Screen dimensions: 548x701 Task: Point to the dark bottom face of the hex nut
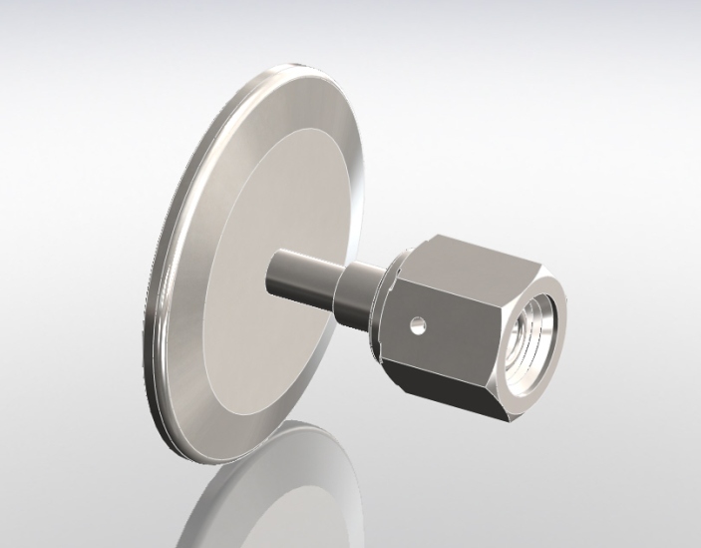click(439, 379)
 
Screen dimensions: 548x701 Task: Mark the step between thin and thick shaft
click(337, 285)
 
